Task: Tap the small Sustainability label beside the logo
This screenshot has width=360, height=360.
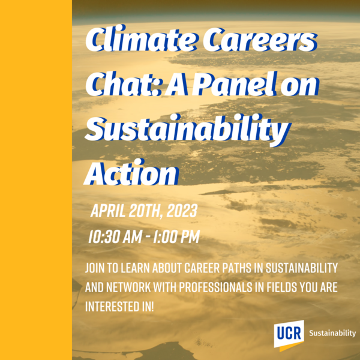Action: [x=332, y=333]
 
